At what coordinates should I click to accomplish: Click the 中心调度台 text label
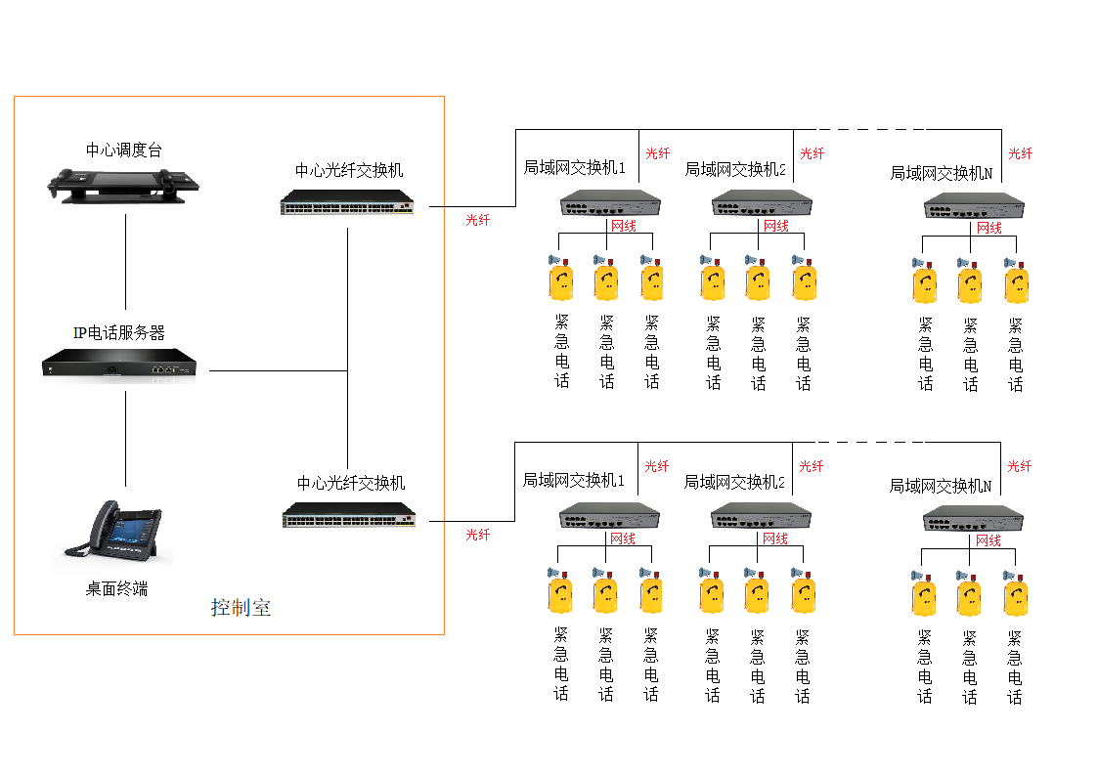click(x=124, y=150)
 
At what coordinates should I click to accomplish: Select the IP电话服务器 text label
click(x=119, y=332)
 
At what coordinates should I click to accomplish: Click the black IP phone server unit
click(x=119, y=366)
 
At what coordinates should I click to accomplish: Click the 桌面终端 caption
click(x=116, y=588)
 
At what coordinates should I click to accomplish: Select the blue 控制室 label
click(x=241, y=608)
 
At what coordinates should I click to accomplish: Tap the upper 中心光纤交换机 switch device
click(x=347, y=203)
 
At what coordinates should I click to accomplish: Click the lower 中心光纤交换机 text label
click(x=351, y=483)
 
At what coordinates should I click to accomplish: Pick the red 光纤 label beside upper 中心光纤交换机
click(x=478, y=220)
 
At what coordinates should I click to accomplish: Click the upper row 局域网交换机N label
click(x=941, y=173)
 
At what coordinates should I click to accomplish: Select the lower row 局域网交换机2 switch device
click(x=760, y=516)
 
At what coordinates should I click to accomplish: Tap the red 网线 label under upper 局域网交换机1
click(x=623, y=227)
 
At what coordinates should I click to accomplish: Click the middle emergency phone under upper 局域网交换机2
click(x=758, y=280)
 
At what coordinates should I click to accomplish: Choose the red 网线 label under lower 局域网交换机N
click(x=988, y=540)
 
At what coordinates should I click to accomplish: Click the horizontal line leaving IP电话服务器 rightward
click(x=279, y=371)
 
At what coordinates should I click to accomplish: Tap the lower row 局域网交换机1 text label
click(x=573, y=481)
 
